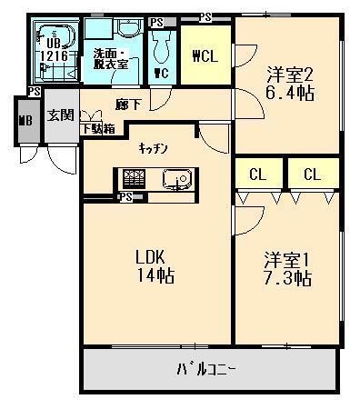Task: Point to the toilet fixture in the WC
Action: [162, 46]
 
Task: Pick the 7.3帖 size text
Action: [284, 279]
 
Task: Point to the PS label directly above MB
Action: [34, 92]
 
